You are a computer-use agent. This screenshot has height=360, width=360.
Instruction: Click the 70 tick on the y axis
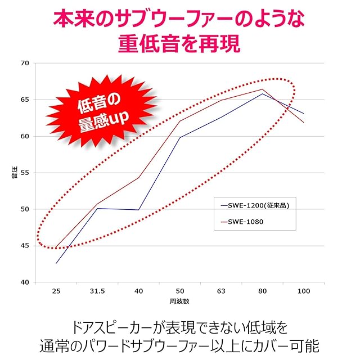(x=24, y=63)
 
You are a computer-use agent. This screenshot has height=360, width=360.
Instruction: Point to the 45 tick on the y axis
(x=24, y=246)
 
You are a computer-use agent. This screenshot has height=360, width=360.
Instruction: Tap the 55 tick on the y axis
(x=24, y=173)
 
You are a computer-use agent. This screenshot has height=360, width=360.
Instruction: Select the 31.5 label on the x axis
(x=97, y=291)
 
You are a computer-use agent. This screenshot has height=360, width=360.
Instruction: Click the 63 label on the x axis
(x=220, y=291)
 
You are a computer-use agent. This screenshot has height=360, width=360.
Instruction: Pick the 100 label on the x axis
(x=303, y=291)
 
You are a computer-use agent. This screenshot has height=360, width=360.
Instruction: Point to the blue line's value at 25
(x=56, y=263)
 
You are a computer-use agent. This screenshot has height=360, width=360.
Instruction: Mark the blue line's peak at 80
(x=262, y=93)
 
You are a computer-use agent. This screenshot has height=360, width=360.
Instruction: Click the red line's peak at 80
(x=262, y=89)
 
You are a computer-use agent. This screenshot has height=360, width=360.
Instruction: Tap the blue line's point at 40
(x=138, y=210)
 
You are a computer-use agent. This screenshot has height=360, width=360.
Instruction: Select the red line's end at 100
(x=304, y=122)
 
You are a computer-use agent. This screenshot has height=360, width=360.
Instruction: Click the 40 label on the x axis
(x=138, y=291)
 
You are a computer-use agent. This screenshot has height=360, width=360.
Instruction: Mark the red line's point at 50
(x=179, y=121)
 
